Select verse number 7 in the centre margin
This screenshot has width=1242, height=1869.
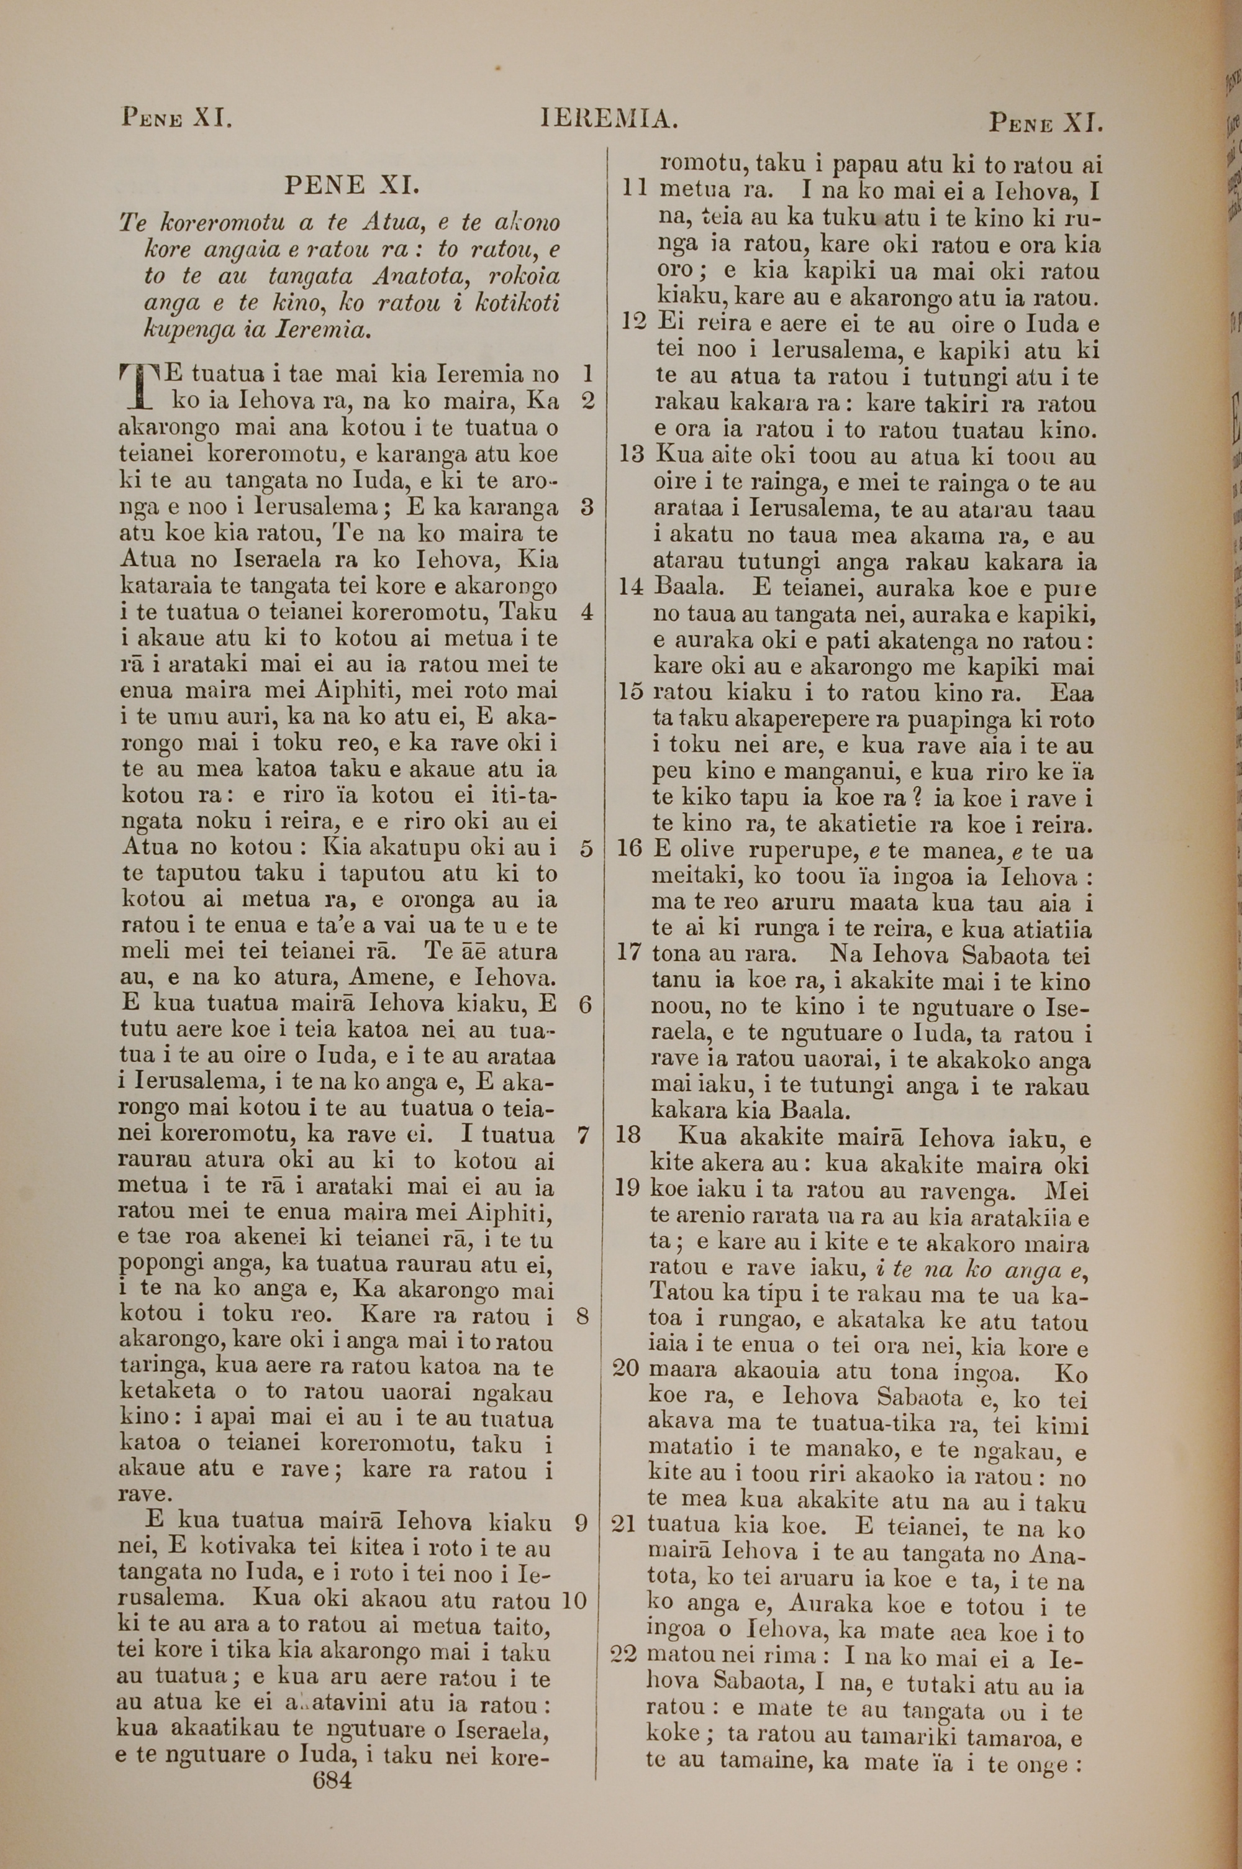(584, 1135)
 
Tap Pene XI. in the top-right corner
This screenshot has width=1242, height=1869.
(1046, 123)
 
